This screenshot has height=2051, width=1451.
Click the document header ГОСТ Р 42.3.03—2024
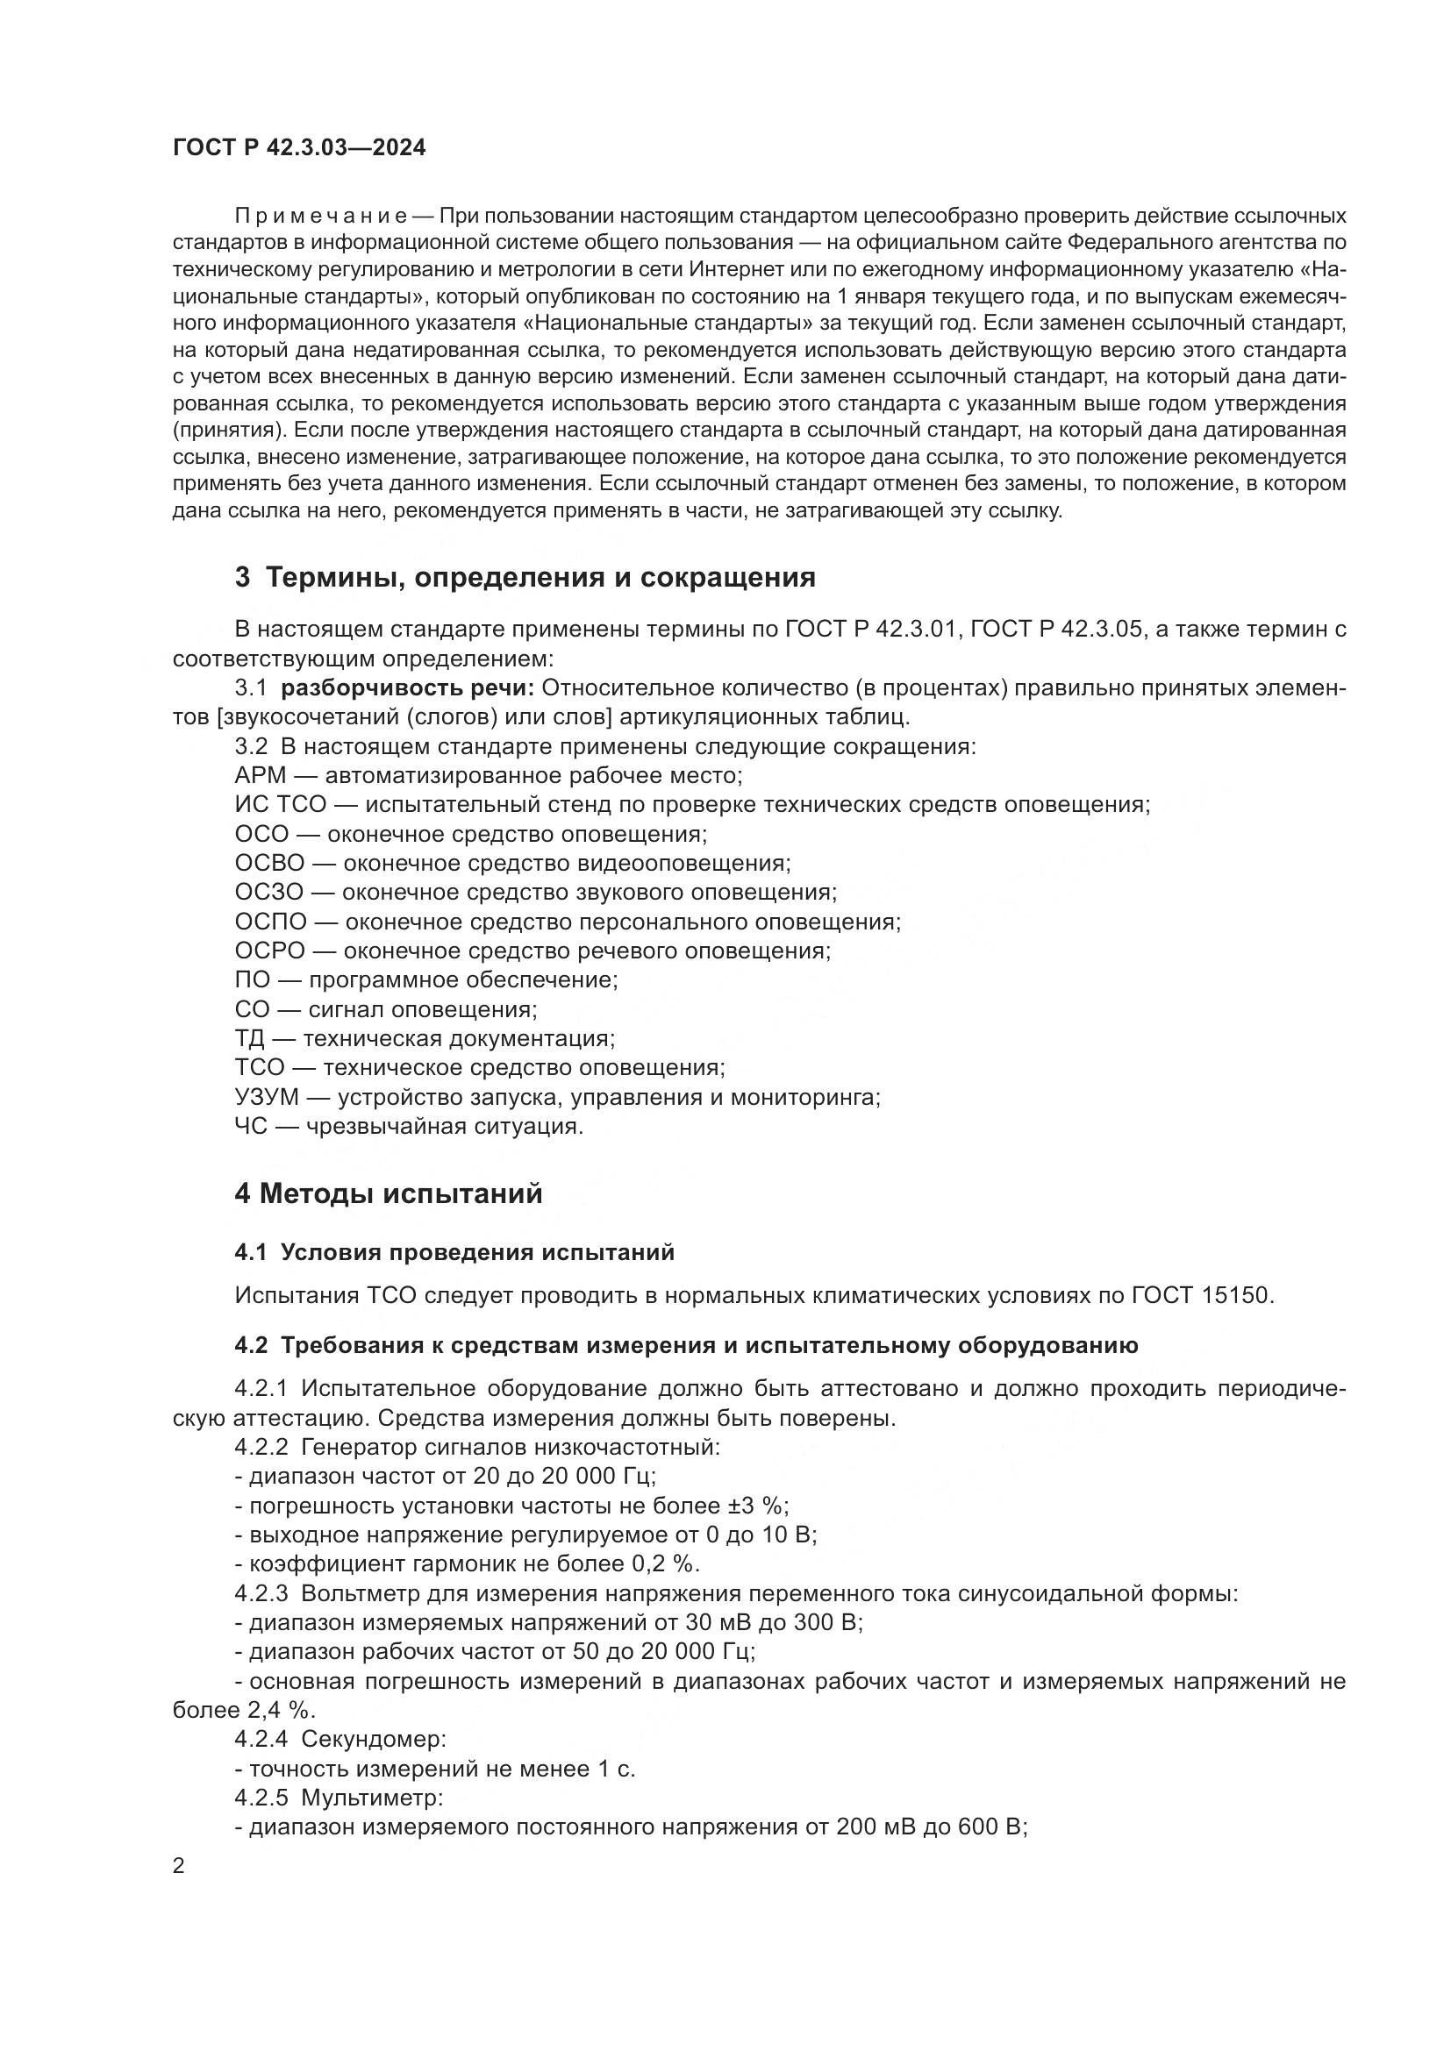[x=298, y=148]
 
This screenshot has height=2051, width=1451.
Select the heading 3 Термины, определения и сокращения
[x=525, y=577]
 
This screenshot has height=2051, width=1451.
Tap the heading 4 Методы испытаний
[x=388, y=1193]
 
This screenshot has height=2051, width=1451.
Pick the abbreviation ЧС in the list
[x=250, y=1127]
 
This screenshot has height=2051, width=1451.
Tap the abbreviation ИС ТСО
[x=281, y=804]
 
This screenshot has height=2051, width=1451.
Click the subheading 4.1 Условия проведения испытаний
[x=454, y=1252]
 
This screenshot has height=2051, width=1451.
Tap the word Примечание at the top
[x=321, y=217]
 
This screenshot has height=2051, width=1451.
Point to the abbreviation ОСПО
[x=271, y=921]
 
